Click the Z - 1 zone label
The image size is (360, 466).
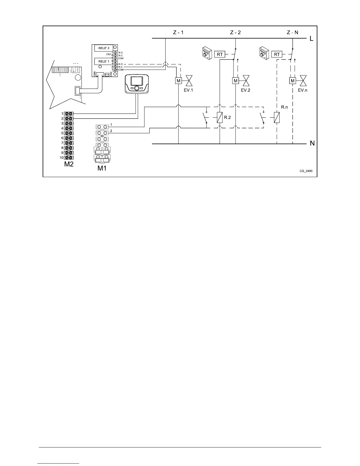tap(178, 32)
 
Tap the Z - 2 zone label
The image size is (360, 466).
tap(235, 32)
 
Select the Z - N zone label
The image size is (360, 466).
tap(292, 32)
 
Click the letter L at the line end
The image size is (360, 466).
tap(312, 39)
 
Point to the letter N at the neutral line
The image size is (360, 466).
tap(312, 144)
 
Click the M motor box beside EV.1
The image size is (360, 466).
tap(178, 81)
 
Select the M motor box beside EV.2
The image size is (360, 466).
tap(235, 81)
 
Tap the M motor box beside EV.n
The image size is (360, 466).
tap(292, 81)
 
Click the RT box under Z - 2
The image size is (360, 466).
tap(220, 54)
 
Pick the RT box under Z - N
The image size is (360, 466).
tap(277, 54)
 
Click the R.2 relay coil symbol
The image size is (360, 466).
tap(220, 118)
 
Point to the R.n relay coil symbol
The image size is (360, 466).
tap(277, 118)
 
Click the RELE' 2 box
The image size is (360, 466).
tap(104, 48)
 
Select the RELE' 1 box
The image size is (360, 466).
tap(104, 61)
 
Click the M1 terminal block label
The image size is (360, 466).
tap(102, 168)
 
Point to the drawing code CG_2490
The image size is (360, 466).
tap(306, 171)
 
